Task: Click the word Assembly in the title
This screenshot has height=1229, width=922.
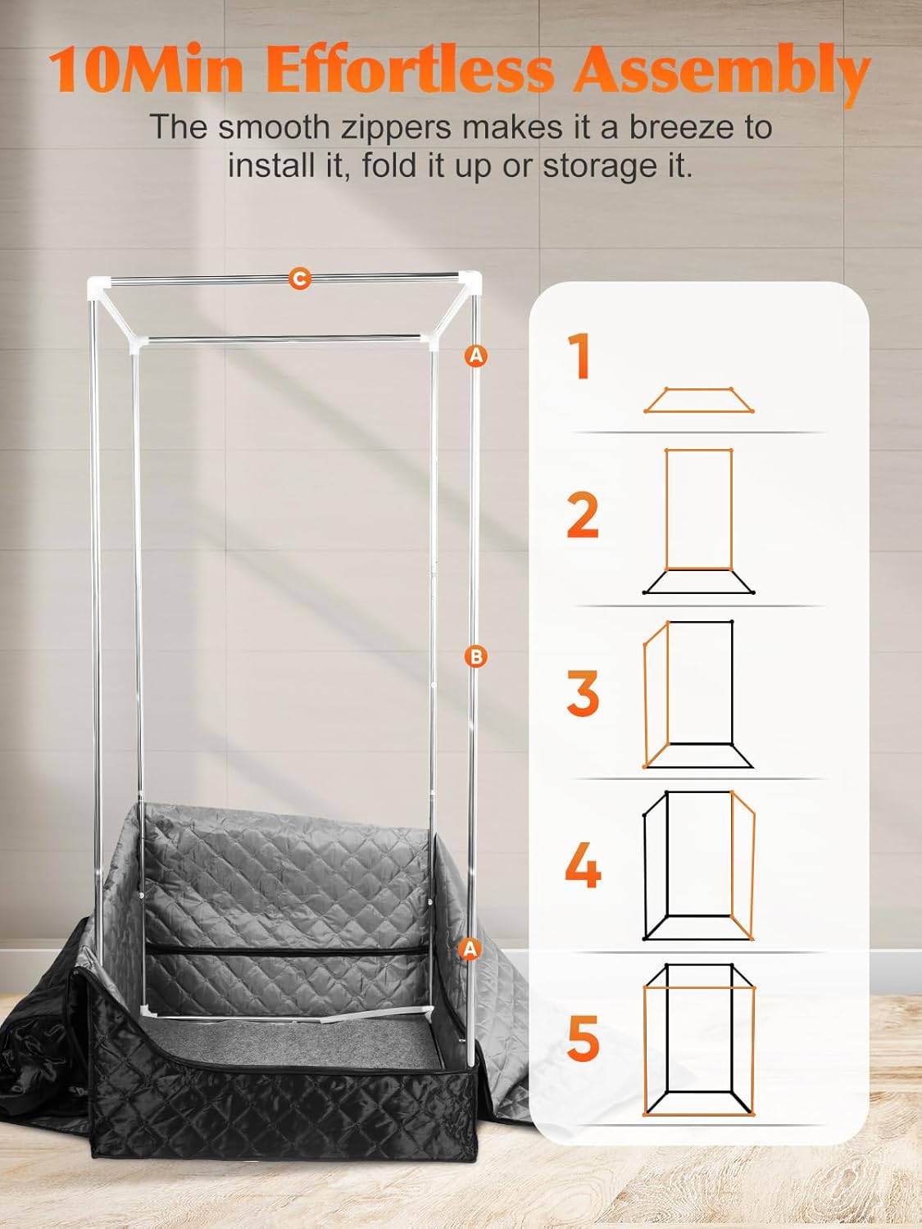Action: [721, 70]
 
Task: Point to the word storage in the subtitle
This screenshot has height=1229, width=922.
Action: [587, 166]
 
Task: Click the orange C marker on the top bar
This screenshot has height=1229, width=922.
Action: [300, 279]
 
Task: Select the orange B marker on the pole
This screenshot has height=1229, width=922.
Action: [475, 655]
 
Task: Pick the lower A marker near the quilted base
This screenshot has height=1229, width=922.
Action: [469, 948]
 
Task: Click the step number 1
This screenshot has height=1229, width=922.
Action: [580, 356]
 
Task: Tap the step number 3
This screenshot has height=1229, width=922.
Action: [583, 692]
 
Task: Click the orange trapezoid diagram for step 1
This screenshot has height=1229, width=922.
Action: [699, 401]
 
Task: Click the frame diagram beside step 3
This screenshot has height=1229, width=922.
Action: [697, 693]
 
